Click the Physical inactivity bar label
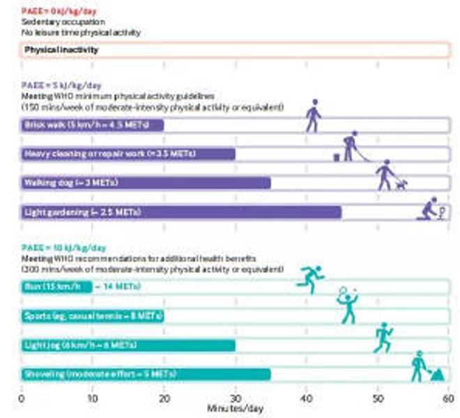click(x=61, y=50)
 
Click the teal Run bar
click(x=56, y=286)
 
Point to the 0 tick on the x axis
click(x=21, y=398)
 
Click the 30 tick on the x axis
click(x=236, y=398)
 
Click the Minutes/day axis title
click(x=235, y=409)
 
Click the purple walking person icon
click(x=314, y=116)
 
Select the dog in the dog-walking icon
click(x=400, y=184)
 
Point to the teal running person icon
click(x=310, y=279)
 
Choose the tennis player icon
click(x=347, y=305)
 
